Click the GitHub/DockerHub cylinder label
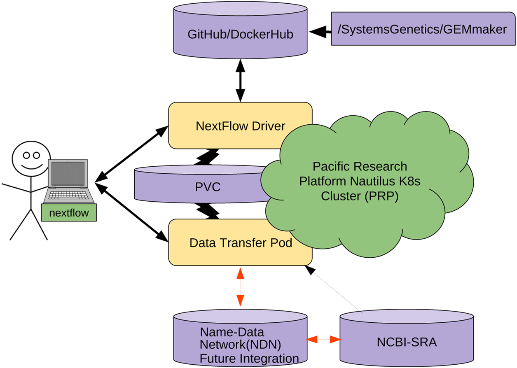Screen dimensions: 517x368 point(240,34)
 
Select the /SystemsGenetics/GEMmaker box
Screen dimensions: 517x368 point(423,28)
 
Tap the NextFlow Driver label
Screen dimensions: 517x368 point(240,126)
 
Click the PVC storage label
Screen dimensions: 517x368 point(208,187)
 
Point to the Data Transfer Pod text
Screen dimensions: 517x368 point(241,243)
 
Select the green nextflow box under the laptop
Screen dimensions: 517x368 point(69,212)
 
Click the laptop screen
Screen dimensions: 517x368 point(68,173)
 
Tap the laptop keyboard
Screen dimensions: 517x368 point(69,195)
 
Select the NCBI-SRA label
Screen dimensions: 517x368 point(407,342)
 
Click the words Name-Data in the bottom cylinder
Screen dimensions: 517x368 point(232,332)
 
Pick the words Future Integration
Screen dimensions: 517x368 point(249,359)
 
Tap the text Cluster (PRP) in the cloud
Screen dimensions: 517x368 point(360,196)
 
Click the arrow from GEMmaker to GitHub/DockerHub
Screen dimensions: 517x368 point(320,32)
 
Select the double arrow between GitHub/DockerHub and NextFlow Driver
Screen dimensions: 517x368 point(240,81)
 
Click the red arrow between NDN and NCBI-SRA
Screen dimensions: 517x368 point(323,340)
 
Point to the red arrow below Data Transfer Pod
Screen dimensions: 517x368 point(240,287)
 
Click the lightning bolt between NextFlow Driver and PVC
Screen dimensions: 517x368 point(206,157)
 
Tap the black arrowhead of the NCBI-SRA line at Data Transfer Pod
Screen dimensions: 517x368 point(310,270)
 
